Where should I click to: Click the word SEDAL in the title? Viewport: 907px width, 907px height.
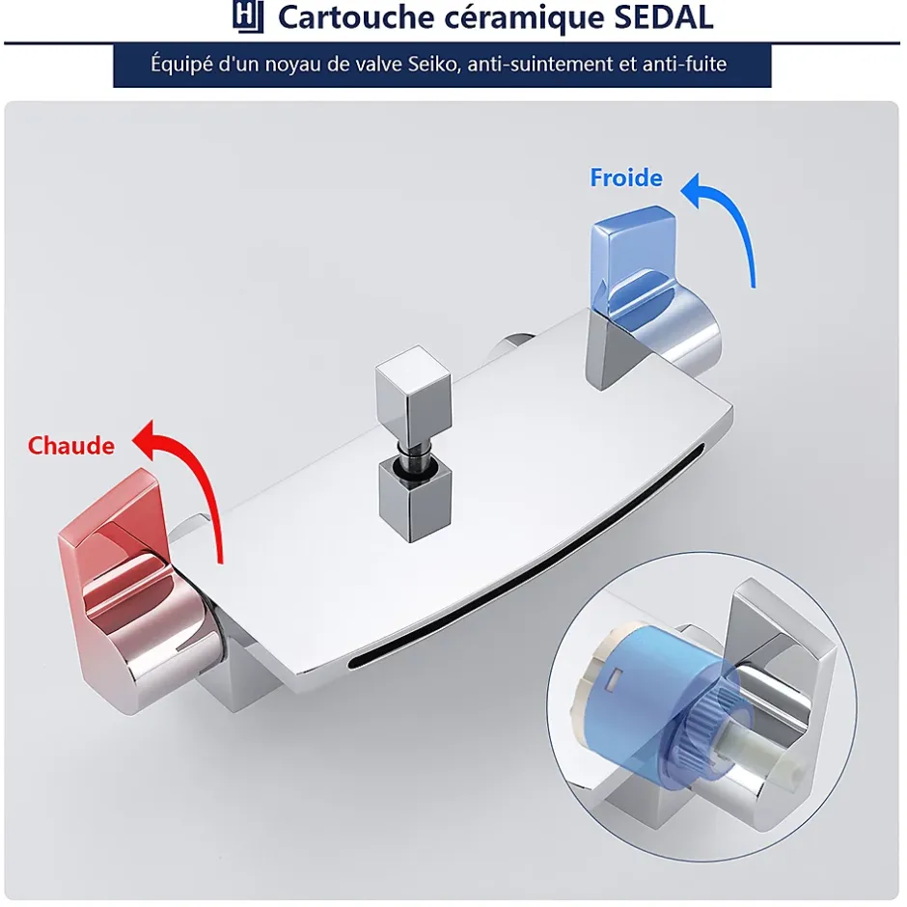click(663, 17)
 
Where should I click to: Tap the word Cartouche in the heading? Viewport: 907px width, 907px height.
click(356, 17)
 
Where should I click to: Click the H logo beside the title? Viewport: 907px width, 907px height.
click(248, 16)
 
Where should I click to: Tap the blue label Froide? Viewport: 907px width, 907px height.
click(626, 178)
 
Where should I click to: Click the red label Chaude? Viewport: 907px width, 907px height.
click(71, 446)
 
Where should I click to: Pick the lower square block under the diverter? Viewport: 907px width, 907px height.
click(414, 501)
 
